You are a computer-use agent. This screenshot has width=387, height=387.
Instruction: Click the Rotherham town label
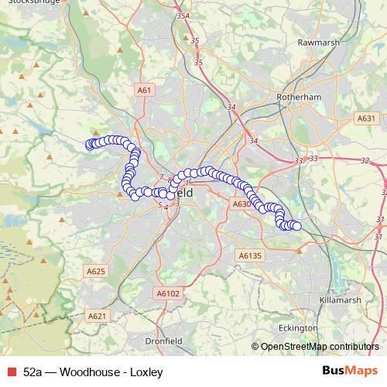pos(299,98)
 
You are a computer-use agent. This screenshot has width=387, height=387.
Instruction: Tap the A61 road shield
pos(144,91)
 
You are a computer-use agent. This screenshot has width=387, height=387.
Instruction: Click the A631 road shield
pos(366,118)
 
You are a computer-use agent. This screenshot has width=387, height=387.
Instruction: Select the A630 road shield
pos(241,204)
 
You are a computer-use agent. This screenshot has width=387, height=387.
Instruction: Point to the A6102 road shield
pos(167,293)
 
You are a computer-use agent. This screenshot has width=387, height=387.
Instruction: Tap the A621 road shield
pos(96,316)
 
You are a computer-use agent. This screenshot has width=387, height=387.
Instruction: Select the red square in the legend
pos(11,372)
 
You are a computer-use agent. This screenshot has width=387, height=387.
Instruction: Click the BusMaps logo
pos(350,372)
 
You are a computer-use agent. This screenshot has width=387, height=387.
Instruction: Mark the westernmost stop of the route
pos(89,144)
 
